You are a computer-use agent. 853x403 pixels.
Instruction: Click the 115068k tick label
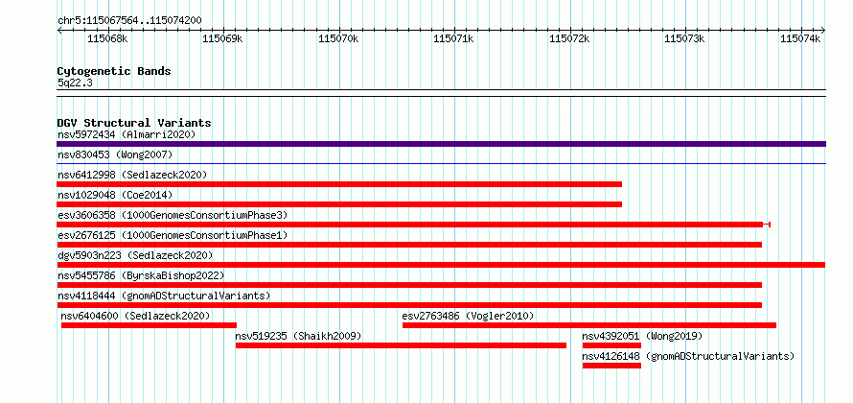coord(107,38)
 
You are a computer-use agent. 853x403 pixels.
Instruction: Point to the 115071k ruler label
coord(453,38)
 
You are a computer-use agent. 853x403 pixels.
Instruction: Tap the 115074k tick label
coord(800,38)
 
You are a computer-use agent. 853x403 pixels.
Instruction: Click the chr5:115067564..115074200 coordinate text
coord(129,21)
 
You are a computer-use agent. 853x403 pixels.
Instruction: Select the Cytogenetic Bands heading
coord(114,71)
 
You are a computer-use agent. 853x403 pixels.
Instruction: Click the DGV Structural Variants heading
coord(134,123)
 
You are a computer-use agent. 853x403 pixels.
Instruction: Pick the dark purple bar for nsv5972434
coord(441,144)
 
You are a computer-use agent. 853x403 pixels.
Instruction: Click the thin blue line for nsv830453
coord(441,163)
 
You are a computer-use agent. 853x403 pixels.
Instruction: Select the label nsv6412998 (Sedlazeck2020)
coord(132,175)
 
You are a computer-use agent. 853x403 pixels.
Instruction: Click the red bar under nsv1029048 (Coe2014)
coord(339,204)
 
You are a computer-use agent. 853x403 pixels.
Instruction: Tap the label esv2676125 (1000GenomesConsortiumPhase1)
coord(173,235)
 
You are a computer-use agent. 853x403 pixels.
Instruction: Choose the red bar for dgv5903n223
coord(441,265)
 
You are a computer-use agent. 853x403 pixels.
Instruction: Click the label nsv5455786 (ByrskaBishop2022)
coord(141,275)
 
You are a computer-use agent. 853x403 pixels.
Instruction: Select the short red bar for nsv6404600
coord(149,325)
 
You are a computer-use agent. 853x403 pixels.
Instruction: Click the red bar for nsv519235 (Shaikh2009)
coord(401,345)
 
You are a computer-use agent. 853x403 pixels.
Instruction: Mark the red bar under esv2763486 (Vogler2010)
coord(589,325)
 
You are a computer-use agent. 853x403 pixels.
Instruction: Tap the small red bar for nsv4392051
coord(611,345)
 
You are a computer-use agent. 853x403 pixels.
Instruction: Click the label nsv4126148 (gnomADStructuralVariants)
coord(688,356)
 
